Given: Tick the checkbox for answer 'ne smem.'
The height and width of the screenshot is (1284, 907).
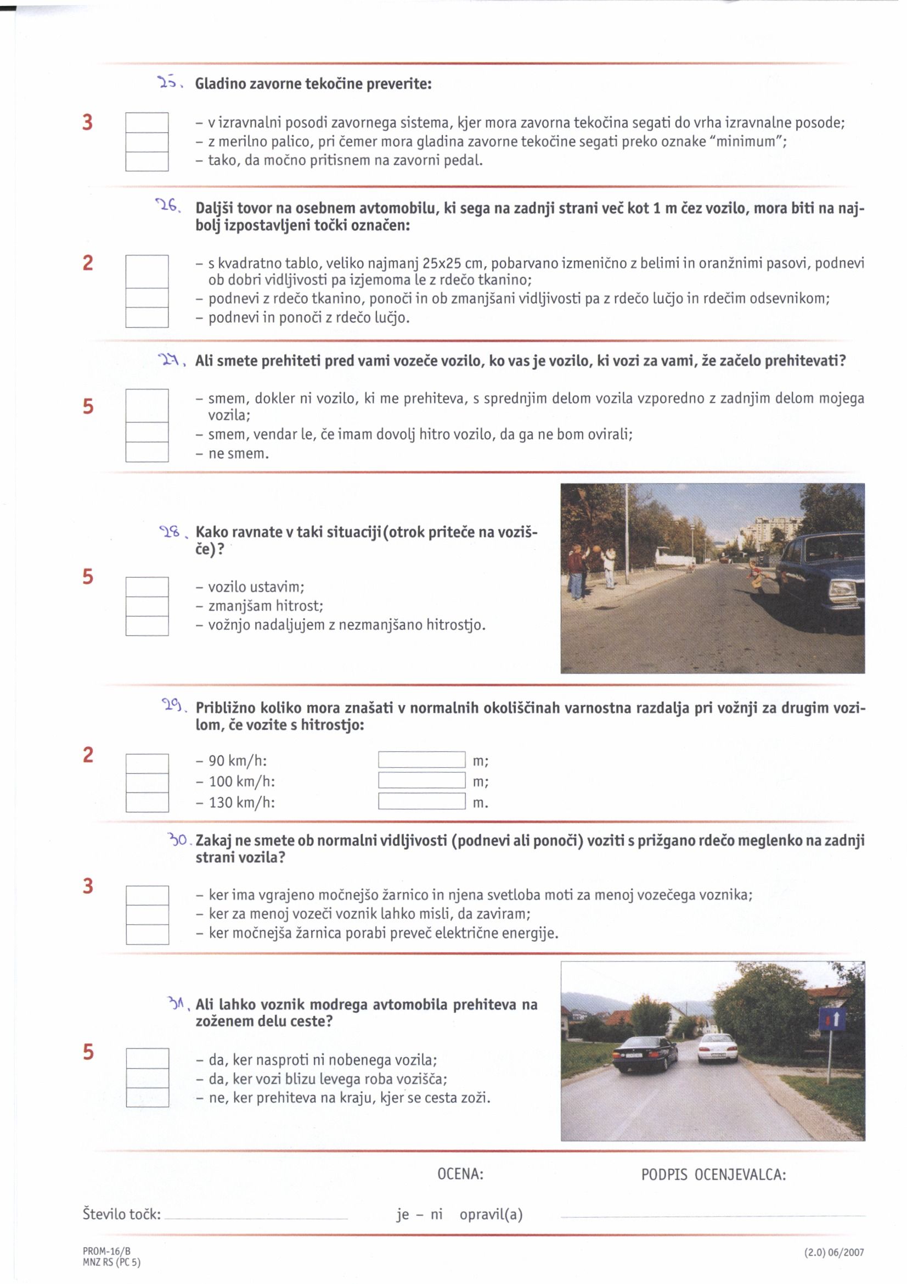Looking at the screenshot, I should pyautogui.click(x=147, y=452).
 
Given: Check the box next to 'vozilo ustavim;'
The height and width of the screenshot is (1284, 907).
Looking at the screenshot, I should pyautogui.click(x=147, y=587).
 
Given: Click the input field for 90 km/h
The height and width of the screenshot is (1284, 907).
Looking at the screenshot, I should pyautogui.click(x=421, y=760).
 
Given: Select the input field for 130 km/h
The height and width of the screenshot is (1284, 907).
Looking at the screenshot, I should pyautogui.click(x=421, y=801).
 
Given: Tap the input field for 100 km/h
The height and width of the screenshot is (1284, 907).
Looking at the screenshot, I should pyautogui.click(x=421, y=781).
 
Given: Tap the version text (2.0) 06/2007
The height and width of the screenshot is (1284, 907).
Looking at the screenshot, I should pyautogui.click(x=834, y=1253).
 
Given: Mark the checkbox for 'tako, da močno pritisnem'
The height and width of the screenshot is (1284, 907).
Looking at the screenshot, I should pyautogui.click(x=147, y=161).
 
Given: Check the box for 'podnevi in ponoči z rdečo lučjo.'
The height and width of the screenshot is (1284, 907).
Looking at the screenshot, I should pyautogui.click(x=147, y=317).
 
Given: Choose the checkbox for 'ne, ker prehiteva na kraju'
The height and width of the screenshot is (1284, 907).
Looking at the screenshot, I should pyautogui.click(x=148, y=1097).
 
